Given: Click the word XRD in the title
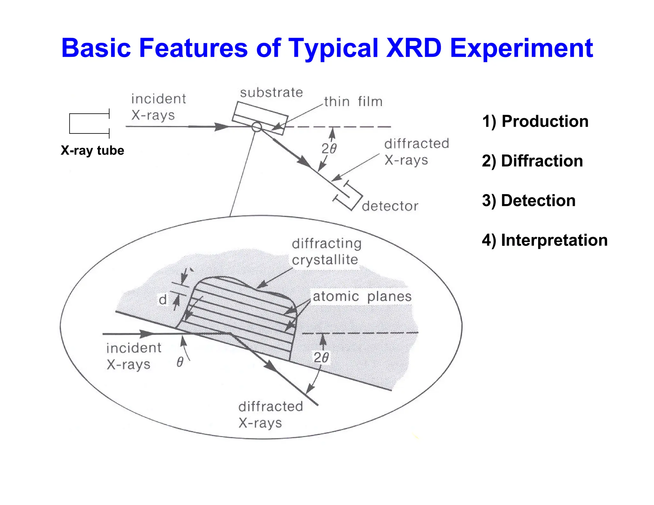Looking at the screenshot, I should click(x=414, y=48).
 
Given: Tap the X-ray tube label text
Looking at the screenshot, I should click(x=92, y=150).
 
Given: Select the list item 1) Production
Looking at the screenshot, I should click(x=535, y=121).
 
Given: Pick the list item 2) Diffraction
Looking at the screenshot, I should click(x=532, y=161).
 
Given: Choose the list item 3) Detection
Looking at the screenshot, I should click(x=529, y=200).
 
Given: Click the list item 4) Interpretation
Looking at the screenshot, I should click(x=544, y=240).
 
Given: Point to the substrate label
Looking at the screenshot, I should click(x=271, y=93).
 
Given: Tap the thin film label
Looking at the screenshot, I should click(x=353, y=102).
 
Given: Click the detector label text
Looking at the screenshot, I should click(x=390, y=206).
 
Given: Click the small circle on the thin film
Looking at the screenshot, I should click(x=256, y=127).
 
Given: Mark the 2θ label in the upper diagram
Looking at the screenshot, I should click(x=329, y=149).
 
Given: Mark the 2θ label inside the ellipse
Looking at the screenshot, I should click(x=321, y=358).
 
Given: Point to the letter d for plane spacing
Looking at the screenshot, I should click(x=163, y=300).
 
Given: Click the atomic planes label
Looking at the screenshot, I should click(x=362, y=297).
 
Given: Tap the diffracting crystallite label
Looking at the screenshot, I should click(x=326, y=252).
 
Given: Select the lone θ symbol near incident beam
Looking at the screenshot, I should click(x=180, y=362).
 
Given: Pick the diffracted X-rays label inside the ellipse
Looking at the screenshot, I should click(x=270, y=415).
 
